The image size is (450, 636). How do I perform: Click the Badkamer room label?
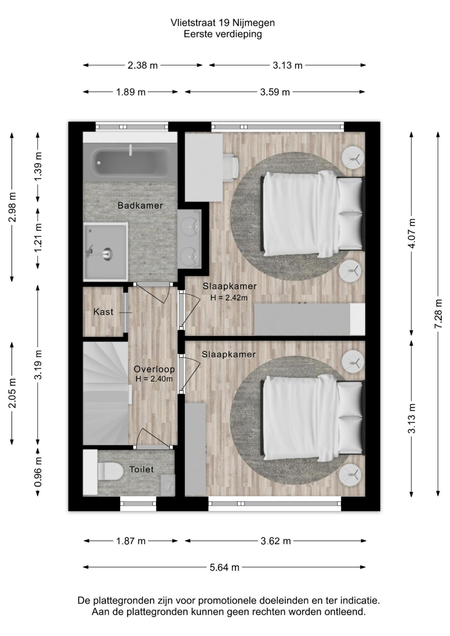(140, 206)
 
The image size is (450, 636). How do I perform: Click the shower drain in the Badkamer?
(107, 252)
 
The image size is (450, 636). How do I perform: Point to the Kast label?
(103, 312)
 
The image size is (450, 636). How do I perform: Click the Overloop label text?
(154, 369)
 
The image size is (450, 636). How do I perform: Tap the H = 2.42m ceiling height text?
(229, 298)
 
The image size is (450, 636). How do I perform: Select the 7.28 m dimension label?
(438, 313)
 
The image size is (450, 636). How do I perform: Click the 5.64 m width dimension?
(224, 567)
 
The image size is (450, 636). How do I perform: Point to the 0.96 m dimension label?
(38, 472)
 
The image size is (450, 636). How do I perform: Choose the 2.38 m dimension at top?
(143, 65)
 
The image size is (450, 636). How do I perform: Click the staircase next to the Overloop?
(105, 393)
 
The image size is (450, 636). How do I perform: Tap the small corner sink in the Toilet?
(168, 485)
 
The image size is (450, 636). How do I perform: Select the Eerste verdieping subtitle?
(223, 34)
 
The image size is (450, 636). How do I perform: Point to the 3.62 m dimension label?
(276, 541)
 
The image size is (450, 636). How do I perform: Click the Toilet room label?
(142, 469)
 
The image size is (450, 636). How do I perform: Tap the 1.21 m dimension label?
(38, 238)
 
